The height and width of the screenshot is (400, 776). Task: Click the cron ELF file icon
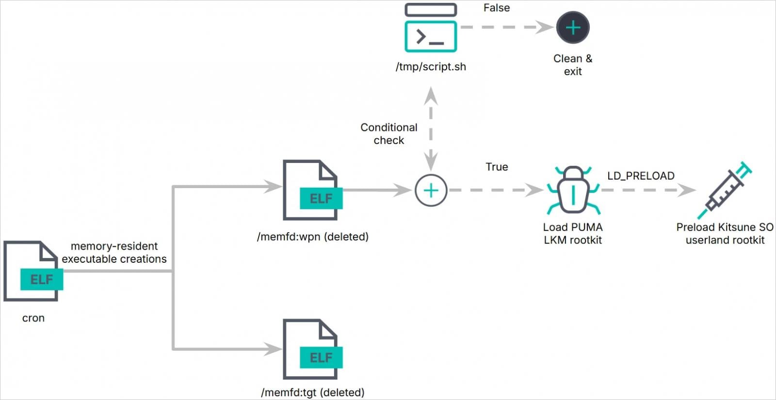tap(32, 272)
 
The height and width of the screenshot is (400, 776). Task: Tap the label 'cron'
tap(33, 318)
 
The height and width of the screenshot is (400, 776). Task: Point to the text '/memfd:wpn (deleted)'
tap(313, 237)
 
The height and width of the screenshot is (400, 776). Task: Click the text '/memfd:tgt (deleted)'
tap(313, 392)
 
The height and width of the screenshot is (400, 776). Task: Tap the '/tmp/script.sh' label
tap(431, 67)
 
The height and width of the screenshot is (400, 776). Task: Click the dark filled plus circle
tap(573, 28)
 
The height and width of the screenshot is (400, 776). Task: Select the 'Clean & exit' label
tap(573, 65)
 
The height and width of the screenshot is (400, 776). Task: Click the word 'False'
tap(497, 8)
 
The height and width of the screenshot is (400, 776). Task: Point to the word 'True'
tap(497, 167)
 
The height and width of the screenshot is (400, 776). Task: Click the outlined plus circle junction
tap(431, 191)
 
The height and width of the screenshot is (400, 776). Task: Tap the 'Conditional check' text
tap(389, 134)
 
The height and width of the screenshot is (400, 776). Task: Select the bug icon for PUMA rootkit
tap(573, 191)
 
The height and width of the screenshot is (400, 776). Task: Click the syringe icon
tap(725, 190)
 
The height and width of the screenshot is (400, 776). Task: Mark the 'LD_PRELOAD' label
tap(641, 176)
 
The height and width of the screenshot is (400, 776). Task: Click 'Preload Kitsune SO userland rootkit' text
tap(725, 234)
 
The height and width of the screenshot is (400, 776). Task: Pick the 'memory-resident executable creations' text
tap(114, 253)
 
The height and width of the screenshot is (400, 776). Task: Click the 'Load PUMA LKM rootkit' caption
tap(573, 234)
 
